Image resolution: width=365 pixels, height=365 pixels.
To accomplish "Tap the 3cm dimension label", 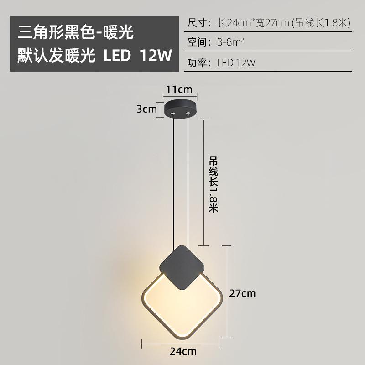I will coord(146,109).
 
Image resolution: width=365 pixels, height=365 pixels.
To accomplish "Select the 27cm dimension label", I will coord(242,293).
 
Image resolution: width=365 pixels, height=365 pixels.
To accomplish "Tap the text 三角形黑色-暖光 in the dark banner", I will coord(76,33).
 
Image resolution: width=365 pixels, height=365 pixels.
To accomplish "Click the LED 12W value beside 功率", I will coord(236,63).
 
